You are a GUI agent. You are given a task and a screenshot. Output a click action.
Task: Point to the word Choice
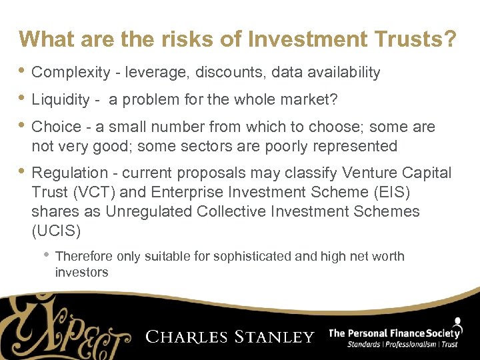(53, 127)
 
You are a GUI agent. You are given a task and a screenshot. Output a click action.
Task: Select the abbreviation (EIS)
(391, 193)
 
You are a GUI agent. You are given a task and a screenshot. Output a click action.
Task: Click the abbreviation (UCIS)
(56, 231)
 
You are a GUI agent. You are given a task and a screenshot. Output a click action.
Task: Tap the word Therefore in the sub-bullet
(85, 257)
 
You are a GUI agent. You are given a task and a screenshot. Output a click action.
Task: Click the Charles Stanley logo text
(230, 337)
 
